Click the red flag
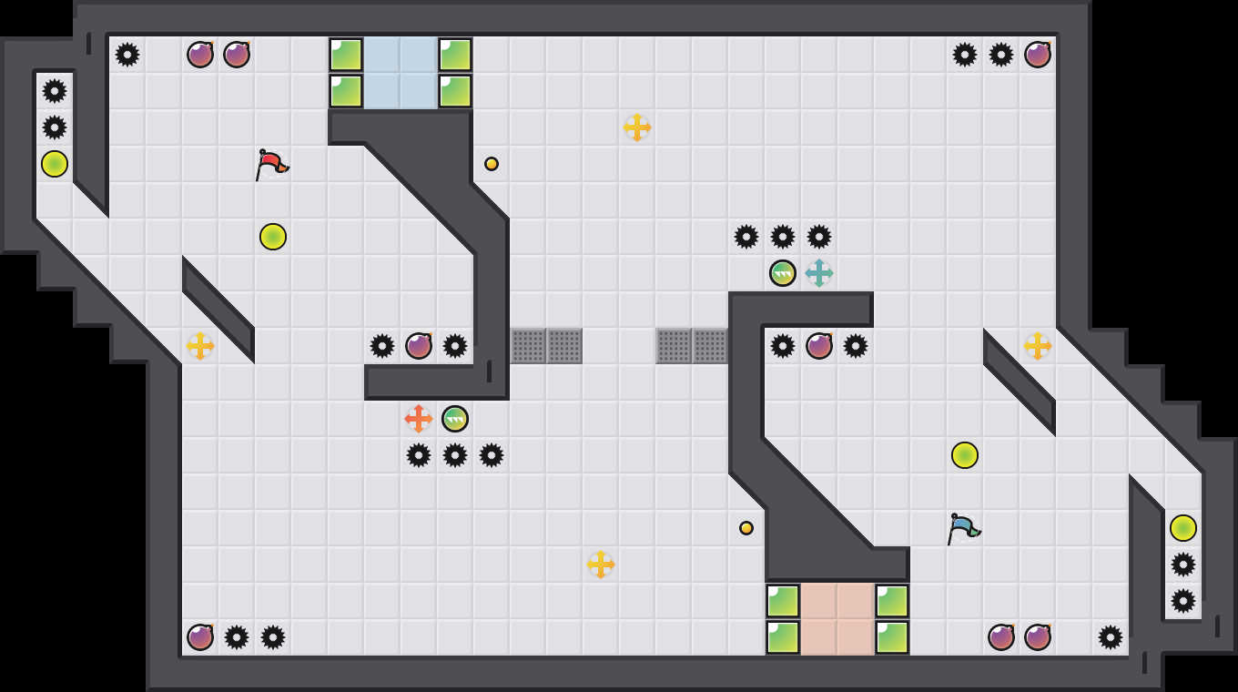tap(270, 164)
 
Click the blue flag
tap(962, 528)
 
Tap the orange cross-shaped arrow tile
tap(419, 419)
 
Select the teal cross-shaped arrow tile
tap(819, 273)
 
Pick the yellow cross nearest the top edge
tap(637, 127)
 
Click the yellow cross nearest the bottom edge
tap(601, 565)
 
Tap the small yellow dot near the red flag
tap(492, 164)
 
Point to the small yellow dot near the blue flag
tap(746, 528)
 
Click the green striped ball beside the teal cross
tap(783, 273)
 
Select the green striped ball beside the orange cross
tap(455, 419)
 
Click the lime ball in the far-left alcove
tap(55, 164)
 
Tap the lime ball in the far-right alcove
tap(1183, 528)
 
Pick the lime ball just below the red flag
tap(273, 237)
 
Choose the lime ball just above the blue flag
tap(965, 455)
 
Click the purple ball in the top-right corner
tap(1038, 55)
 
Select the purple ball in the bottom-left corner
tap(200, 637)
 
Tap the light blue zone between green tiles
tap(401, 73)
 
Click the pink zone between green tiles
tap(837, 619)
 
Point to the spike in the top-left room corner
tap(127, 55)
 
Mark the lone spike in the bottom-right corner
tap(1111, 637)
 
